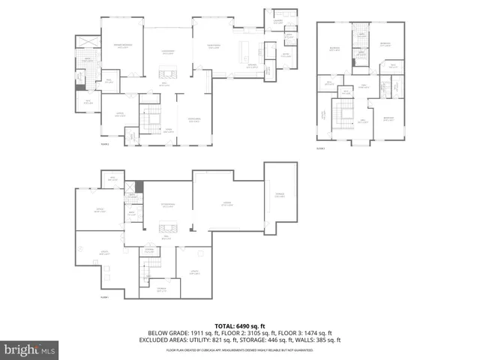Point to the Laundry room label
click(x=278, y=22)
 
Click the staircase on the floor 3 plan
click(x=346, y=116)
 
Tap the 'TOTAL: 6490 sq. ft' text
click(x=240, y=325)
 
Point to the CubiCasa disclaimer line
click(x=240, y=349)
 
